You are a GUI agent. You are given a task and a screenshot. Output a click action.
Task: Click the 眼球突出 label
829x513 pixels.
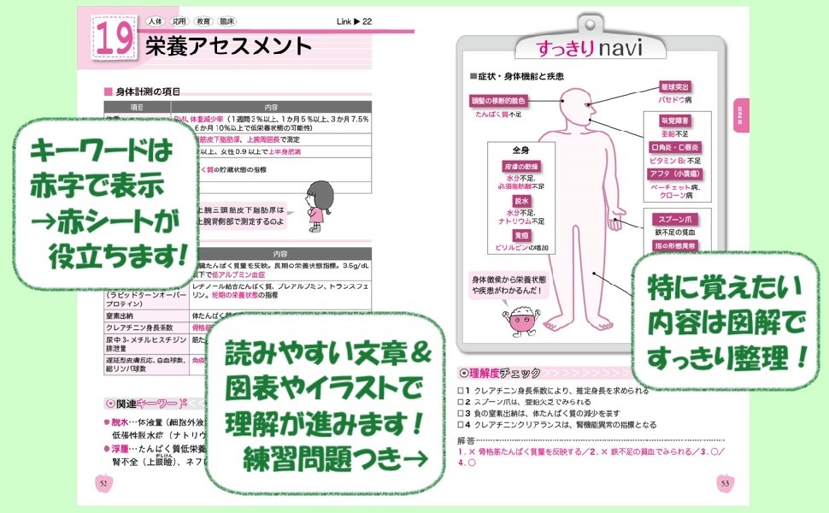click(x=675, y=87)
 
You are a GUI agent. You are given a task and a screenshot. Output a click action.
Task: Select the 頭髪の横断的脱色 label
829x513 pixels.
click(x=498, y=101)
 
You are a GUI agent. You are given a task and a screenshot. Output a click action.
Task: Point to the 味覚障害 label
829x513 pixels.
click(x=675, y=121)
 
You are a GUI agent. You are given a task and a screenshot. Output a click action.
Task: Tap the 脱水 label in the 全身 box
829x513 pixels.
click(x=520, y=200)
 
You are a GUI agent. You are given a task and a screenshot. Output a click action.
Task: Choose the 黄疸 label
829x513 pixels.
click(x=520, y=235)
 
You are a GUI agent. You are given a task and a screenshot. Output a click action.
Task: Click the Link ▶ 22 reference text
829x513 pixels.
click(x=355, y=21)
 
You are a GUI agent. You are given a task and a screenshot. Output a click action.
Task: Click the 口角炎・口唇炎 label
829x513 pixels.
click(x=675, y=147)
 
